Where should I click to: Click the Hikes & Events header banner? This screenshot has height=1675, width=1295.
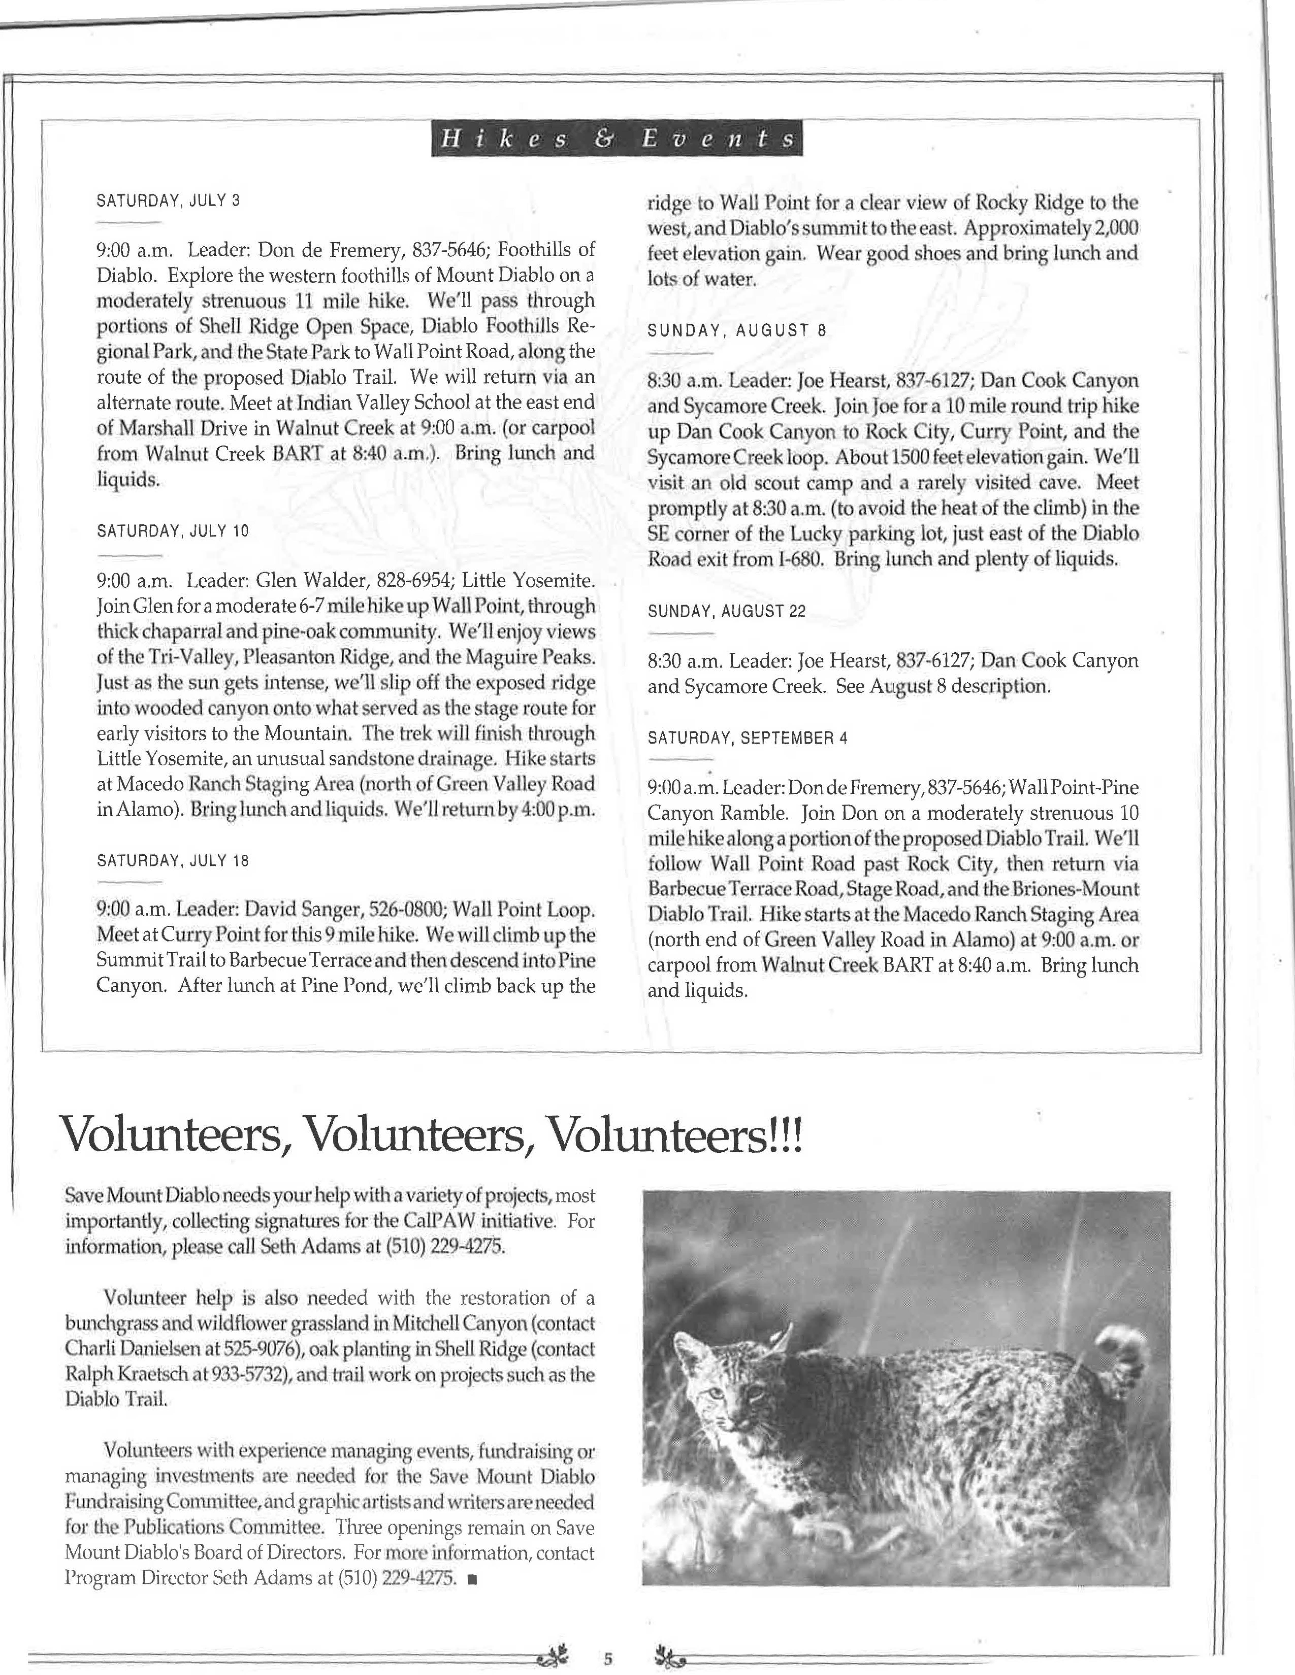click(x=617, y=139)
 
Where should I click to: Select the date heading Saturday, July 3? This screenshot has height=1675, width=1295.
click(x=168, y=201)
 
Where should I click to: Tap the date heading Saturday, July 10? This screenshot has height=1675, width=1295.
click(x=173, y=531)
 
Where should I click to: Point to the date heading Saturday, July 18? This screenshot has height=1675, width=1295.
click(x=173, y=861)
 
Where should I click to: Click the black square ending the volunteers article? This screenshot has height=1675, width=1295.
click(x=470, y=1578)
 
